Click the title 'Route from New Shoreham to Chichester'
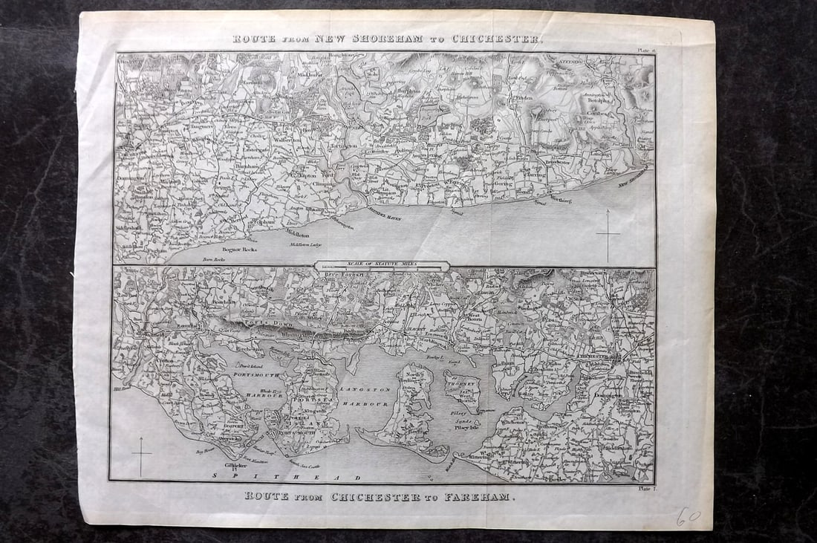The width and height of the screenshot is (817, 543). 387,39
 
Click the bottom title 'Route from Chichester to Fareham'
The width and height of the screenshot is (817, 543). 379,495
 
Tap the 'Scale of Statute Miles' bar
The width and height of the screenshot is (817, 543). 382,265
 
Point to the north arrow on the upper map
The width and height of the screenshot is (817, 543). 608,234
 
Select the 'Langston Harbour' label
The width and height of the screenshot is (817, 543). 363,395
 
